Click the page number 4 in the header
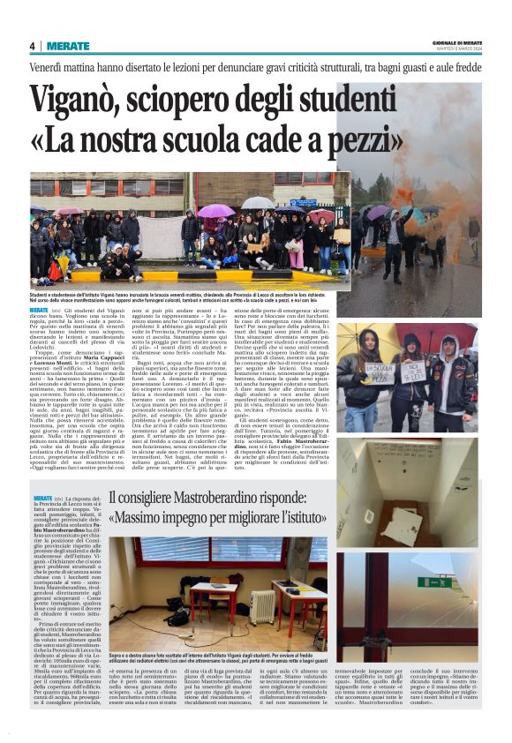coord(33,46)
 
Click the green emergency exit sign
coord(433,582)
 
